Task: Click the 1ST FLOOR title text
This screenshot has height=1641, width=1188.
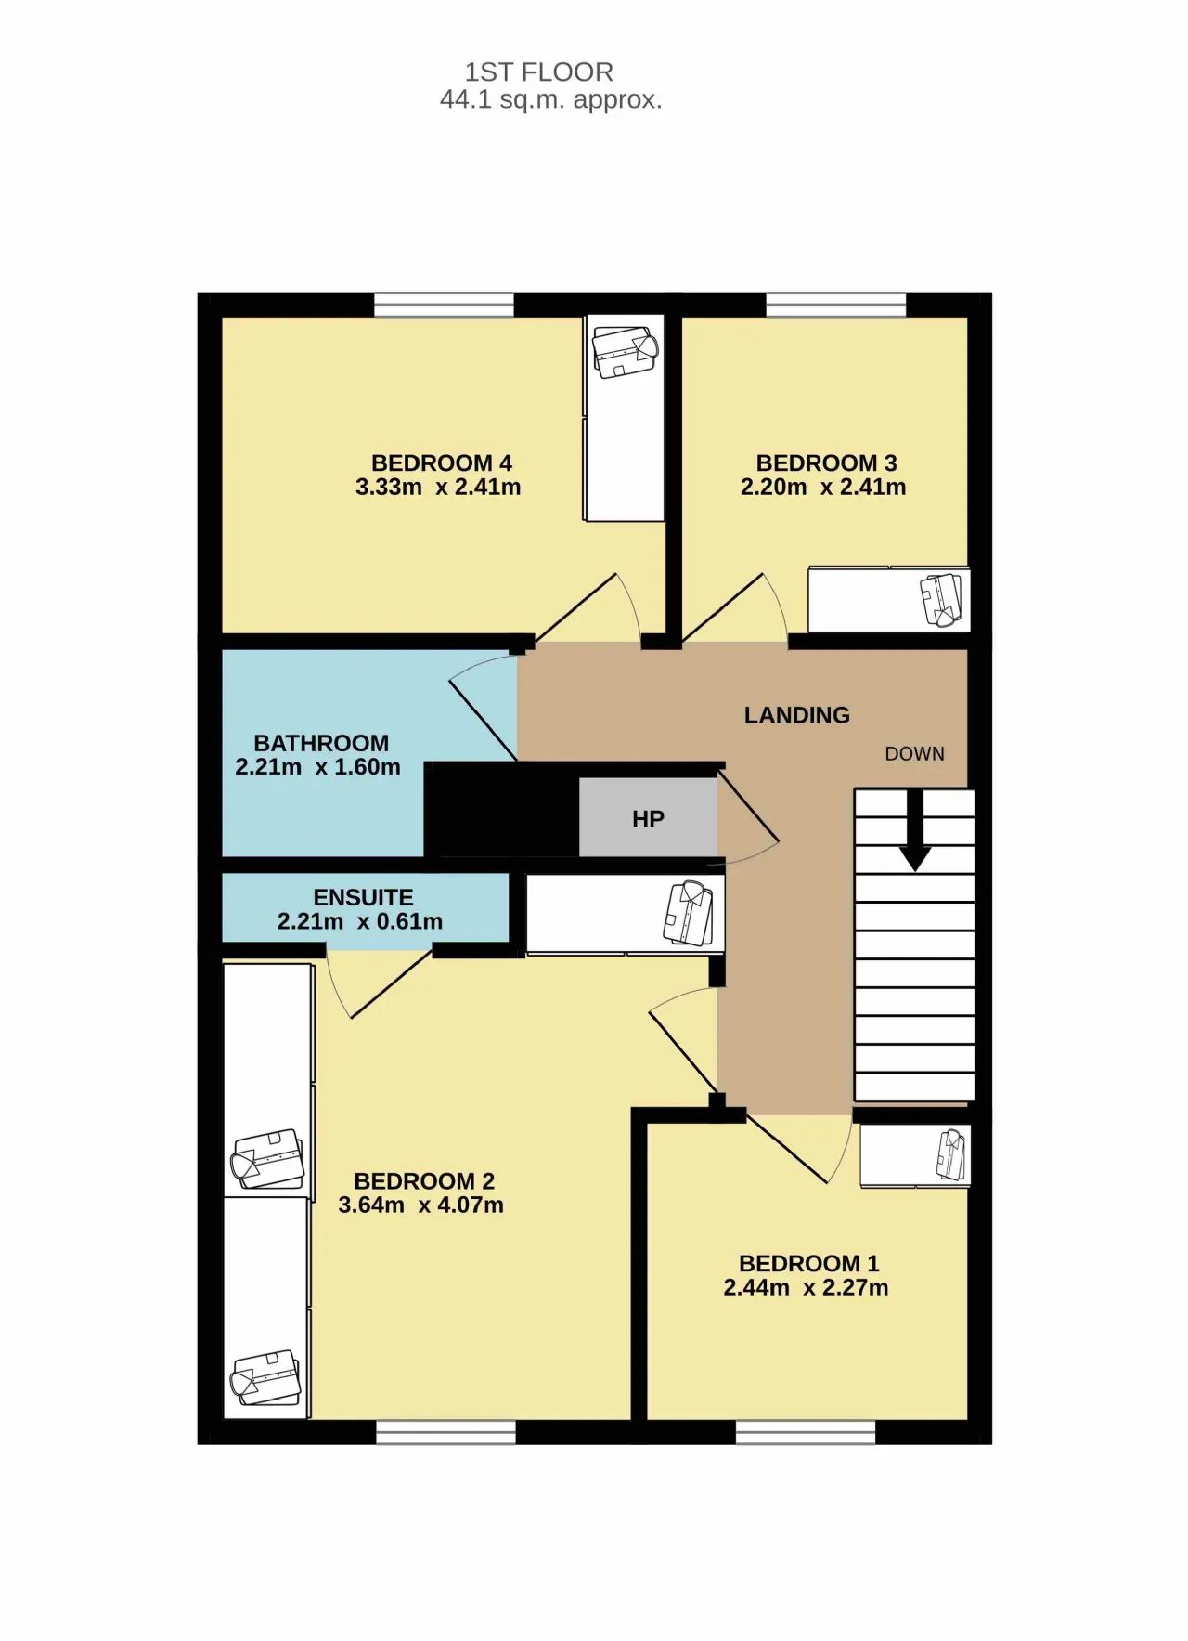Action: (x=538, y=72)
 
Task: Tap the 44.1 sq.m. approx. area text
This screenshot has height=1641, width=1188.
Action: (x=550, y=99)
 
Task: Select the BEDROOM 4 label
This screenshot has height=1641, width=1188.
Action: (x=441, y=462)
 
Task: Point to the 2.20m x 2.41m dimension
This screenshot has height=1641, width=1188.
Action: (x=823, y=487)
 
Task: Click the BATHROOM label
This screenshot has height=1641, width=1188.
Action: (x=321, y=743)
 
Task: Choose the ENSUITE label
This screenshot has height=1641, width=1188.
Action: (x=363, y=897)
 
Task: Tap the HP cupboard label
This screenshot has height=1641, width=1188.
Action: (x=648, y=819)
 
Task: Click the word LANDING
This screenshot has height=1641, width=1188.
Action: (x=796, y=715)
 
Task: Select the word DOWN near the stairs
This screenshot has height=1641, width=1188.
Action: (x=914, y=754)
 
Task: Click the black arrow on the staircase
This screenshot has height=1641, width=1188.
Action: (x=915, y=830)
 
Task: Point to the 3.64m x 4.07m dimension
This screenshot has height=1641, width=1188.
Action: (x=420, y=1205)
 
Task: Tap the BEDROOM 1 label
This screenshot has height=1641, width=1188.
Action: (x=808, y=1263)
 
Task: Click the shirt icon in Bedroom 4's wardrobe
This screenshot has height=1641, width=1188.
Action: (x=626, y=351)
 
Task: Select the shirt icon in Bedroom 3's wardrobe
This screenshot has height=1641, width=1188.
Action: (x=941, y=600)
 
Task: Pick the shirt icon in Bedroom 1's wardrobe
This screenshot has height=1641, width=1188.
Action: (x=952, y=1155)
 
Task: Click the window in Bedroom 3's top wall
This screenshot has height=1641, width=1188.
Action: (x=836, y=305)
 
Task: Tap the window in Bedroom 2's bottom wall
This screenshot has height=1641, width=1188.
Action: (x=445, y=1432)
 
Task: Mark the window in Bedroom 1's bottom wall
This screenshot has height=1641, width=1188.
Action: (x=806, y=1432)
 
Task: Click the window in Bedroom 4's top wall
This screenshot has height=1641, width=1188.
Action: (x=444, y=305)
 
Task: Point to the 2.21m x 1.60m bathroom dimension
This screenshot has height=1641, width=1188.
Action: (x=317, y=767)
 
